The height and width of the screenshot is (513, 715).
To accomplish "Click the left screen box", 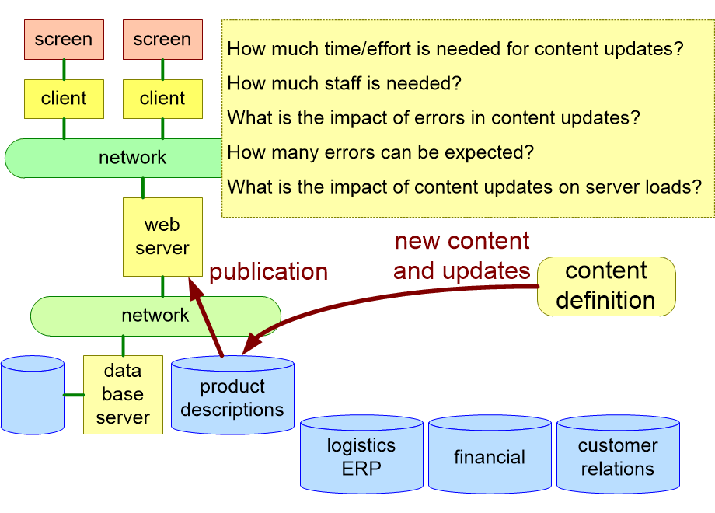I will (64, 40).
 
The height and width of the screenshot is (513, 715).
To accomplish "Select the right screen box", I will (162, 40).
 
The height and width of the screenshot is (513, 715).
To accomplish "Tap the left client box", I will (64, 99).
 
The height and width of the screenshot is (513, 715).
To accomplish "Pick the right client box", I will (162, 99).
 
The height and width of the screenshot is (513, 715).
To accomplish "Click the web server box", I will (162, 236).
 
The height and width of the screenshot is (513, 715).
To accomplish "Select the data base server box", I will (123, 394).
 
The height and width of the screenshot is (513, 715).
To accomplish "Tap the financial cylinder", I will (490, 457).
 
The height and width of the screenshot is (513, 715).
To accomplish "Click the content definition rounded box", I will (606, 286).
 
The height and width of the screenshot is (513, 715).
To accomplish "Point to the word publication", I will (268, 272).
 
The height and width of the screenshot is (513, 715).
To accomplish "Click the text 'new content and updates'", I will (462, 256).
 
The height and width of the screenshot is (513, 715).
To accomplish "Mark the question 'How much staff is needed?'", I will (344, 83).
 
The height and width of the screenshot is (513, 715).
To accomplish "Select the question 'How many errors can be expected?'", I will (381, 152).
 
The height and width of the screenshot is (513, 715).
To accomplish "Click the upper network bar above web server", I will (117, 158).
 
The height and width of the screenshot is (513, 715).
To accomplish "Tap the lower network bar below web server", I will (155, 315).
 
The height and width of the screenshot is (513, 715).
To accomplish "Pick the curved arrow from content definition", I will (373, 299).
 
